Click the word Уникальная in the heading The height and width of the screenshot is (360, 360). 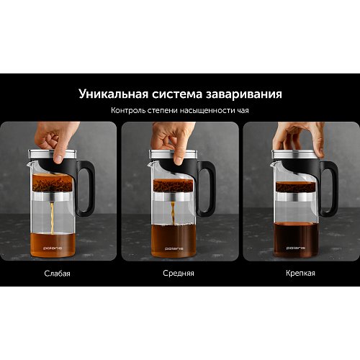pyautogui.click(x=114, y=94)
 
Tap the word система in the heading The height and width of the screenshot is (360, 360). pyautogui.click(x=177, y=94)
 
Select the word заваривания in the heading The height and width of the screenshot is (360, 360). pyautogui.click(x=243, y=95)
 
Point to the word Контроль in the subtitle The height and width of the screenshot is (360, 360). pyautogui.click(x=128, y=110)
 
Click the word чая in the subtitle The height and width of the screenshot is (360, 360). pyautogui.click(x=243, y=111)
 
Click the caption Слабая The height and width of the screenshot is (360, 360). pyautogui.click(x=58, y=274)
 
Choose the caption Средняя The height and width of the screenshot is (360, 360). pyautogui.click(x=179, y=273)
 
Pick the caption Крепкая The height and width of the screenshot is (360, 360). pyautogui.click(x=300, y=273)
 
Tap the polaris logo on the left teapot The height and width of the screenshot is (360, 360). pyautogui.click(x=53, y=248)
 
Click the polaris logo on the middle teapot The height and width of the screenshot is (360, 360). pyautogui.click(x=174, y=248)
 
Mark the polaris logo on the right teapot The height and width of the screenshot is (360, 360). pyautogui.click(x=296, y=248)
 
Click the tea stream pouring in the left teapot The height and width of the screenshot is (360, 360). pyautogui.click(x=52, y=218)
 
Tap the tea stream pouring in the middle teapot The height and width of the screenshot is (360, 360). pyautogui.click(x=173, y=214)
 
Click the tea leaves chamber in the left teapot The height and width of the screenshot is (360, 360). pyautogui.click(x=53, y=183)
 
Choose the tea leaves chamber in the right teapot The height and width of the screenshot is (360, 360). pyautogui.click(x=295, y=186)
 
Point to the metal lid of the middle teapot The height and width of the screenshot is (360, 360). pyautogui.click(x=173, y=154)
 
